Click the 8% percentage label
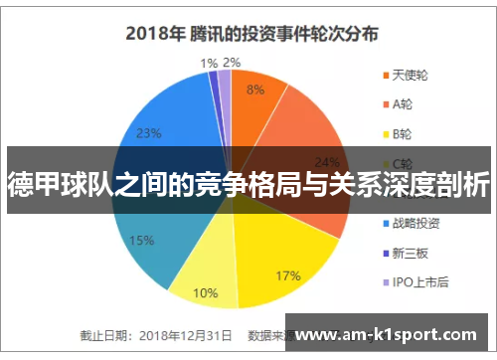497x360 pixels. tap(255, 90)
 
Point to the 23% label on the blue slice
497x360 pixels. tap(148, 133)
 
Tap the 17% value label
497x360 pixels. tap(288, 247)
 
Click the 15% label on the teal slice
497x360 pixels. tap(141, 240)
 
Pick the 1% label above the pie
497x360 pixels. tap(209, 63)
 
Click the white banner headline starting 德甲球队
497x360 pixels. tap(248, 183)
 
